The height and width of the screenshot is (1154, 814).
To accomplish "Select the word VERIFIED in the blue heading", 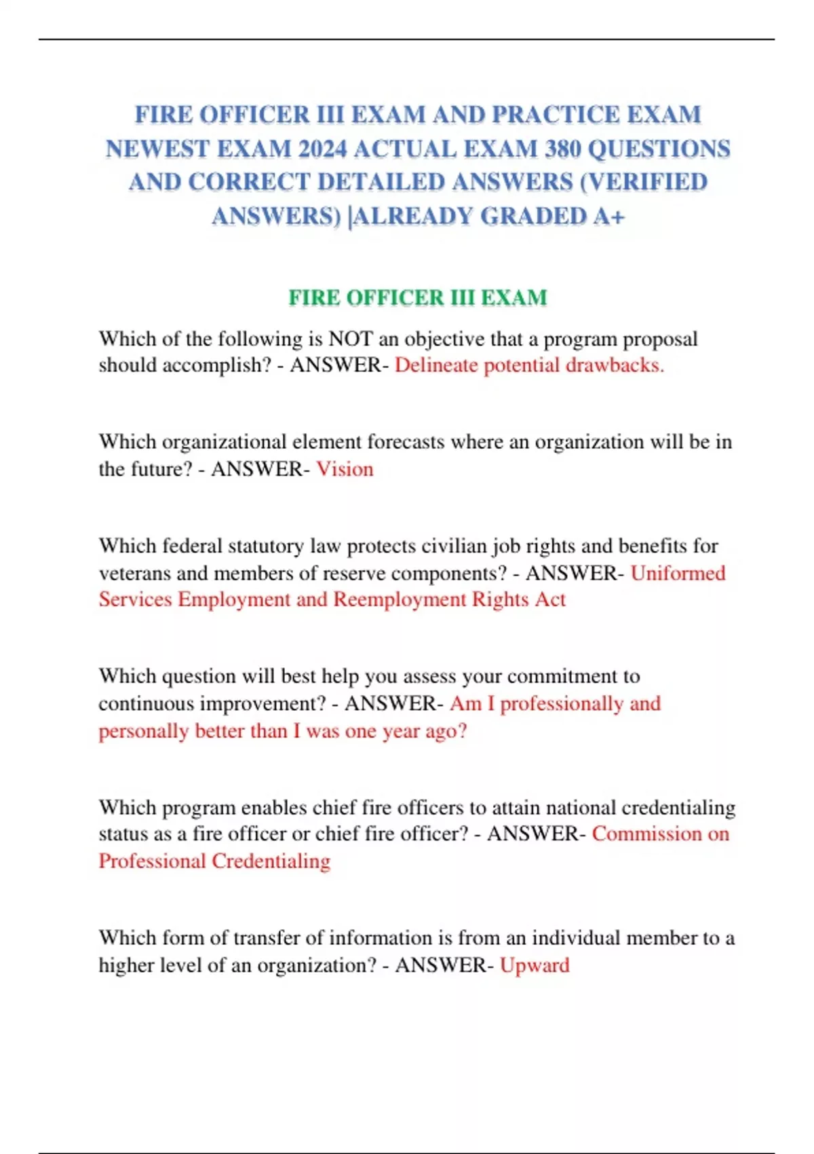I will point(651,182).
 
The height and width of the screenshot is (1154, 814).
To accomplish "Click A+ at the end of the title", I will point(608,216).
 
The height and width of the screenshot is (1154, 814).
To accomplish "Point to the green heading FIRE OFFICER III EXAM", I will point(417,297).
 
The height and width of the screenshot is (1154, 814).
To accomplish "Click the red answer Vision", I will point(345,469).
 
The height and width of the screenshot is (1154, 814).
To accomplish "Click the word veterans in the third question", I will point(134,574).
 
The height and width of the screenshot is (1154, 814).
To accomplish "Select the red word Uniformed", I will point(678,574).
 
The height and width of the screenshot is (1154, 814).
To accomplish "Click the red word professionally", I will point(561,704).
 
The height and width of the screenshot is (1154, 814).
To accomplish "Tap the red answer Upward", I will point(535,965).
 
